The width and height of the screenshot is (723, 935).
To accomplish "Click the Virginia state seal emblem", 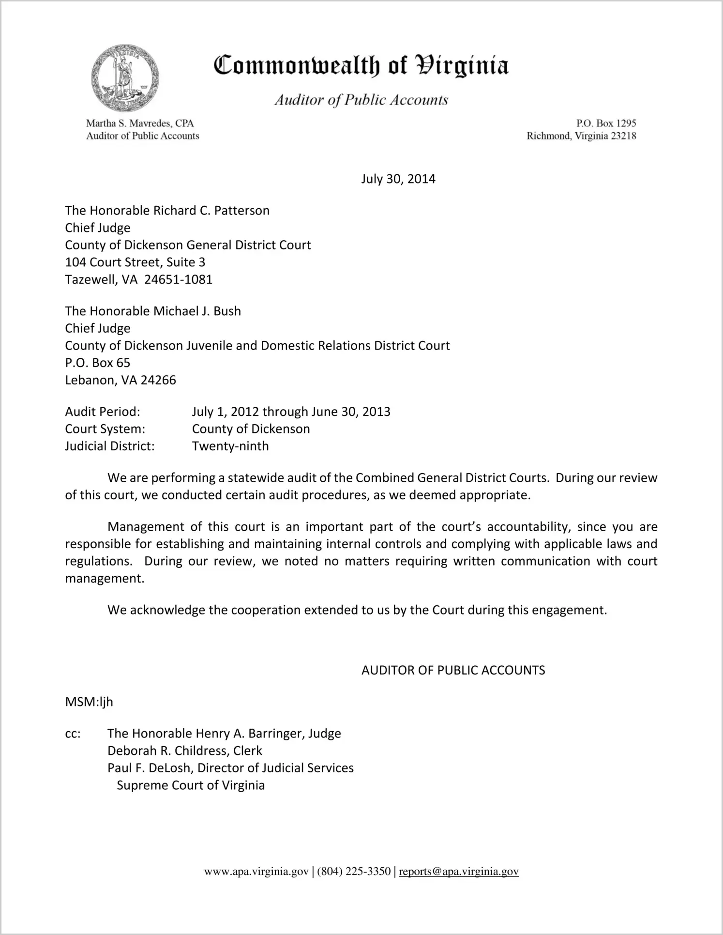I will coord(125,77).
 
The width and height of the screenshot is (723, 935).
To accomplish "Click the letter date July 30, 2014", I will coord(398,179).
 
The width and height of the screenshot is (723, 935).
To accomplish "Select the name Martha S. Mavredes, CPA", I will coord(140,123).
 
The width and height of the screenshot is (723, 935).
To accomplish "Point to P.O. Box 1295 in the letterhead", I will coord(606,123).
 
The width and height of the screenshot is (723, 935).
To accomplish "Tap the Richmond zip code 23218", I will coord(623,136).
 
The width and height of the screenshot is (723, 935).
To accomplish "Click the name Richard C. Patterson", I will coord(211,211).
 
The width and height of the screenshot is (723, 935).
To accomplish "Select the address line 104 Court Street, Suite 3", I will coord(135,262).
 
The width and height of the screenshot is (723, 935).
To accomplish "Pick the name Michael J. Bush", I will coord(197,311).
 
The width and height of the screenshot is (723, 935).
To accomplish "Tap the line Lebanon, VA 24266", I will coord(120,380).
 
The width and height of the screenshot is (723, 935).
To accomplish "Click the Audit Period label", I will coord(103,412).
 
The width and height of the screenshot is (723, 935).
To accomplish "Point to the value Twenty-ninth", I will coord(230,446).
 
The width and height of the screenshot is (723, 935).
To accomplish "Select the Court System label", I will coord(105,429).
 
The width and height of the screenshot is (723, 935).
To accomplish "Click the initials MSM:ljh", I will coord(89,702).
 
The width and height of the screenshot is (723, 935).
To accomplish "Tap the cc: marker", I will coord(73,734).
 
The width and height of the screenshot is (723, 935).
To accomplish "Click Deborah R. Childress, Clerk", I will coord(184,751).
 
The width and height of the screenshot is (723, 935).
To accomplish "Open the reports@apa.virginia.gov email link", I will coord(458,872).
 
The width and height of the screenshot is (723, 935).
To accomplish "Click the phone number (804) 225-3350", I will coord(354,872).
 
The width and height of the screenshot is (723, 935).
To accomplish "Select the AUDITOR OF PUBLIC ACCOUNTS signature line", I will coord(453,670).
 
